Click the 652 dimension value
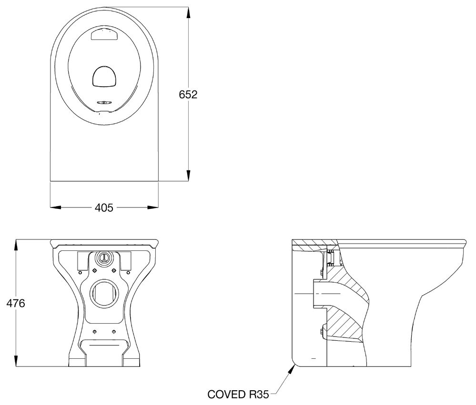188,95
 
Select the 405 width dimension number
104,207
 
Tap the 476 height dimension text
16,303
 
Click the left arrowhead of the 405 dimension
56,207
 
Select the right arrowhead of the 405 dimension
152,207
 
